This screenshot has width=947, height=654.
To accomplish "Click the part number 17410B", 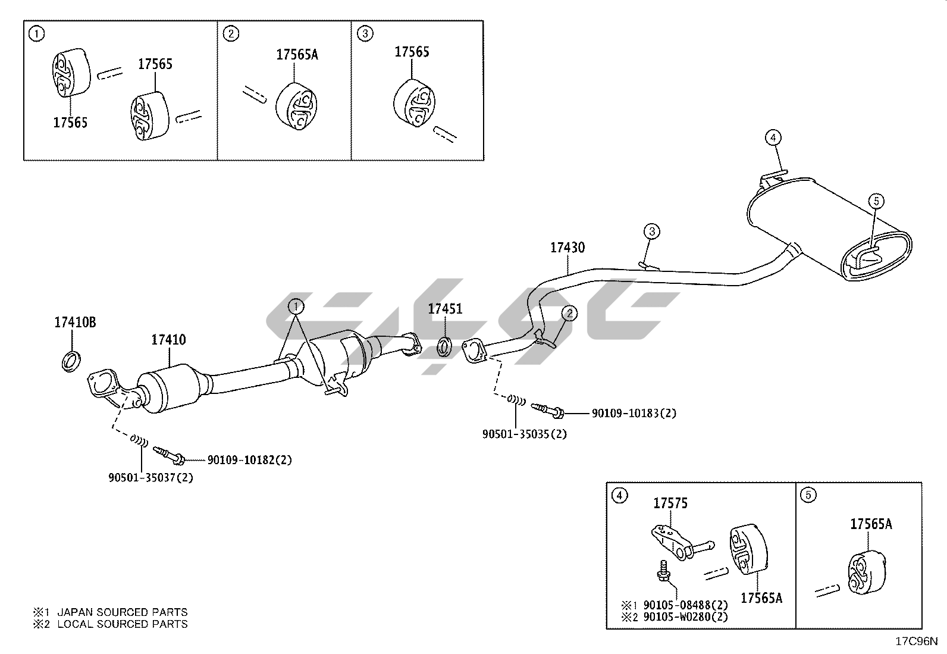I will (75, 323).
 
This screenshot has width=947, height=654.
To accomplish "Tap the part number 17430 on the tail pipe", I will (567, 248).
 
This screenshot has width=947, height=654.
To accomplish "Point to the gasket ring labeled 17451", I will (444, 346).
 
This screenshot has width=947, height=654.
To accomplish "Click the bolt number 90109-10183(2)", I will (634, 413).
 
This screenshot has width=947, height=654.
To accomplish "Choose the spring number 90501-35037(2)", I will (150, 477).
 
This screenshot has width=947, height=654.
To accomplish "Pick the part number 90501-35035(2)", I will (524, 434).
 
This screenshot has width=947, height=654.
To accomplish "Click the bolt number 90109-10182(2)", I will (249, 460).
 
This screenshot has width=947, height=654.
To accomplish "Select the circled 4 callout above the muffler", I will (773, 138).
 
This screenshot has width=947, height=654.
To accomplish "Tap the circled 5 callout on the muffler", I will (876, 201).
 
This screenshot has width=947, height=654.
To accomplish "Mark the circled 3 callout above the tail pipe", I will (651, 231).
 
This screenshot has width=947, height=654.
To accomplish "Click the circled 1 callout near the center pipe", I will (296, 307).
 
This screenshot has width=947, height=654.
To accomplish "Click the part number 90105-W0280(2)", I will (686, 617).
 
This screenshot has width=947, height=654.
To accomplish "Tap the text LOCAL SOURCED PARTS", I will (122, 624).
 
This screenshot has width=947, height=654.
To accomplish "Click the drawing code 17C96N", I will (917, 642).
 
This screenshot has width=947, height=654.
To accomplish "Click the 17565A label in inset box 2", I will (297, 55).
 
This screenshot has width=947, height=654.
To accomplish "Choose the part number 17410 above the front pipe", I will (168, 340).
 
